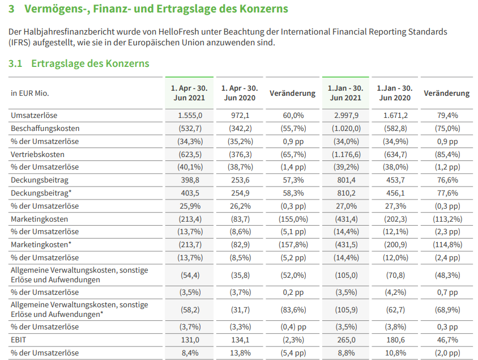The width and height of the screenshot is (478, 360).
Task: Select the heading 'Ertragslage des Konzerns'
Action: [x=90, y=63]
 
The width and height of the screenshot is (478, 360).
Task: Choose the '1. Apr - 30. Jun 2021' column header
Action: [x=189, y=93]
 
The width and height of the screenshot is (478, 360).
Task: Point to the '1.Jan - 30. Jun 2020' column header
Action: [x=395, y=93]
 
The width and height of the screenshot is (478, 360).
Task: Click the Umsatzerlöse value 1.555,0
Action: [x=190, y=116]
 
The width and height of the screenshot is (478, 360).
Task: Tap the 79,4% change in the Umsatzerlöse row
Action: [x=447, y=116]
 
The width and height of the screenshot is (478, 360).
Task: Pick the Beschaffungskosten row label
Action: [x=45, y=128]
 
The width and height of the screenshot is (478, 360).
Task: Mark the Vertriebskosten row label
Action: [x=37, y=154]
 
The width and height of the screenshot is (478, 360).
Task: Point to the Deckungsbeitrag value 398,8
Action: [x=190, y=180]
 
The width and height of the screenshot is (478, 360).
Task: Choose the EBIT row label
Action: [x=19, y=340]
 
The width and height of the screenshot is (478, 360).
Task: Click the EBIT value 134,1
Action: [x=240, y=340]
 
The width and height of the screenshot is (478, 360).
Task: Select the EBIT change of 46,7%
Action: [x=447, y=340]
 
